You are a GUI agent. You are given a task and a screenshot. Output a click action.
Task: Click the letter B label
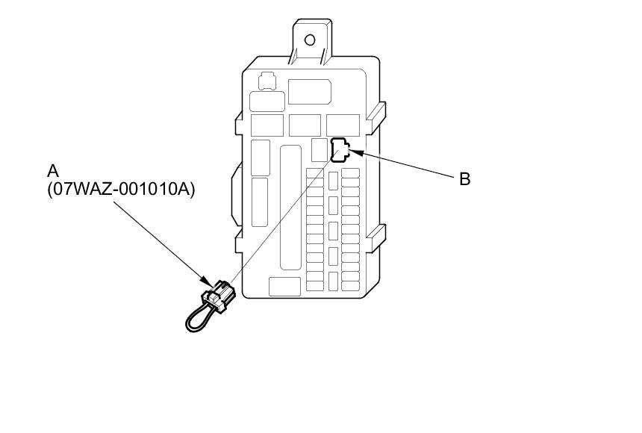(x=464, y=179)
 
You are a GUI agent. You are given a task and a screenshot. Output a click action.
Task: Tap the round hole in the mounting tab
(x=309, y=40)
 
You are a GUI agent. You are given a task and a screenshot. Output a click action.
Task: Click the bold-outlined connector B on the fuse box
(x=339, y=150)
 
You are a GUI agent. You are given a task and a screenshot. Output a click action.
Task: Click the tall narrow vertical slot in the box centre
(x=290, y=207)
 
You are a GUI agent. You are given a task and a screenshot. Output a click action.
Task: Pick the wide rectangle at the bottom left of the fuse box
(x=284, y=286)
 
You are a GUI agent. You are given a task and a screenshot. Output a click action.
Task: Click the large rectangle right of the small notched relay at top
(x=309, y=91)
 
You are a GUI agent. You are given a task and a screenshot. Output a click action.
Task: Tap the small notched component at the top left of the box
(x=265, y=80)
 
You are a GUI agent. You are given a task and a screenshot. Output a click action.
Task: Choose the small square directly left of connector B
(x=320, y=150)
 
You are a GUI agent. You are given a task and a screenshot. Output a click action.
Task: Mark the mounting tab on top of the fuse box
(x=308, y=41)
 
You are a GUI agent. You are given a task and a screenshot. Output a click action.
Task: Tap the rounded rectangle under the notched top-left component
(x=267, y=102)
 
